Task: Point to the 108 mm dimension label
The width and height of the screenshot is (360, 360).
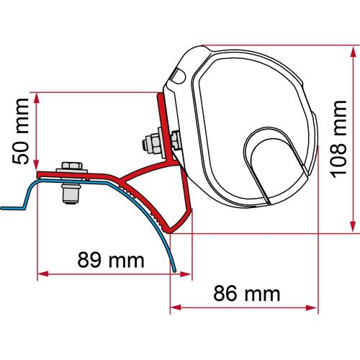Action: coord(339,139)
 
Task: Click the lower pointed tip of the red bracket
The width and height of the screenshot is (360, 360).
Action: coord(169,230)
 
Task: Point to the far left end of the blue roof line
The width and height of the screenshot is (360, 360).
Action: coord(2,208)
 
